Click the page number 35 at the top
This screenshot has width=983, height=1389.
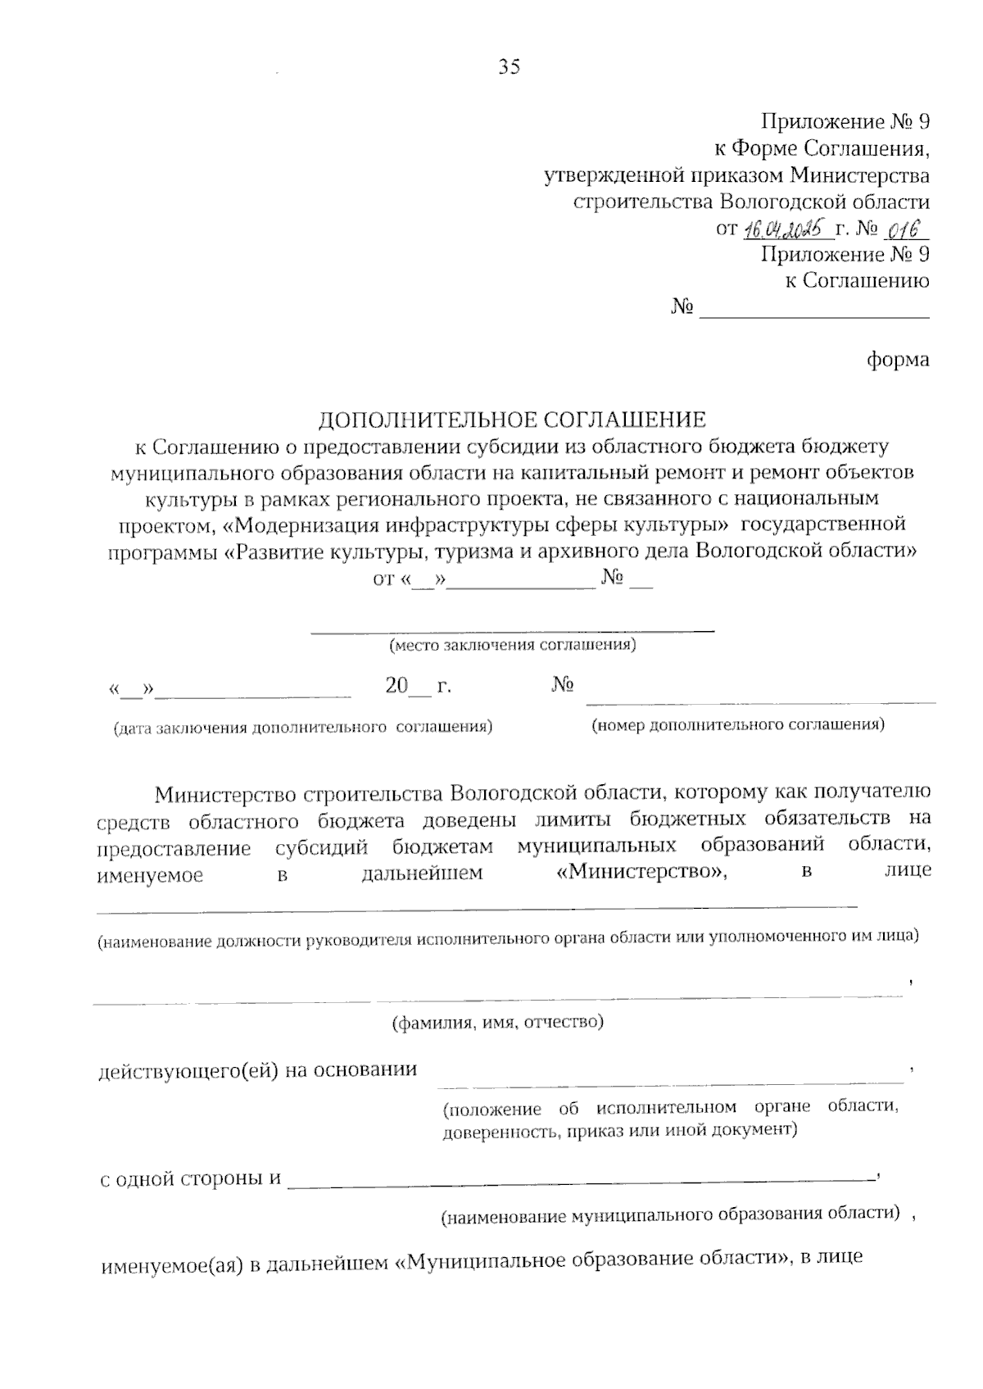click(x=509, y=67)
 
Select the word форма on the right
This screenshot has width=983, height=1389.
click(x=898, y=360)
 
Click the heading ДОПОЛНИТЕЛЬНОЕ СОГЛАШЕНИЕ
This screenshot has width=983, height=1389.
click(x=512, y=420)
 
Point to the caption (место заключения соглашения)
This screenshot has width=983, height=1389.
click(x=513, y=645)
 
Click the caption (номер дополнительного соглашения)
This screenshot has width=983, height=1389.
click(x=737, y=724)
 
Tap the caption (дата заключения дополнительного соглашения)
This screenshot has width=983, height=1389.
click(x=303, y=727)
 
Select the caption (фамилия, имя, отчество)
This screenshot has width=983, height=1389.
click(x=497, y=1022)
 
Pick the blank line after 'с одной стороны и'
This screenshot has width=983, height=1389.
click(x=582, y=1180)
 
